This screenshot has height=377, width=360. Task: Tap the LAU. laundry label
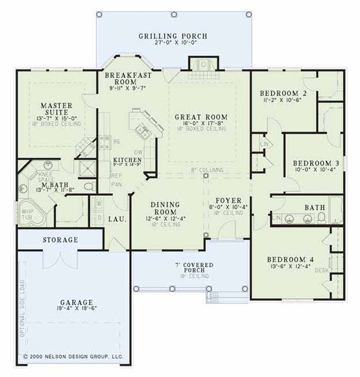click(114, 219)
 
